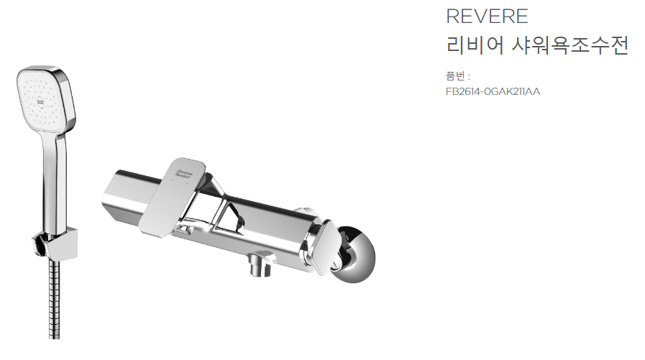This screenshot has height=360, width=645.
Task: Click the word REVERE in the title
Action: click(x=487, y=17)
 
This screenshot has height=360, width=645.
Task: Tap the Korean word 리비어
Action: click(x=475, y=45)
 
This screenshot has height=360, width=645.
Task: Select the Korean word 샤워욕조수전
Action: click(x=570, y=45)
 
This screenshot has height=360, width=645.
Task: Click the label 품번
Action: click(x=455, y=76)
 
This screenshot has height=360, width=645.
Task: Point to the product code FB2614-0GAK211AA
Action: click(x=493, y=91)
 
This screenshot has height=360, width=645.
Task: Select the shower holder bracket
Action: click(x=55, y=242)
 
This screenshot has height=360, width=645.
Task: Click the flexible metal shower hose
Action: click(x=55, y=298)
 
